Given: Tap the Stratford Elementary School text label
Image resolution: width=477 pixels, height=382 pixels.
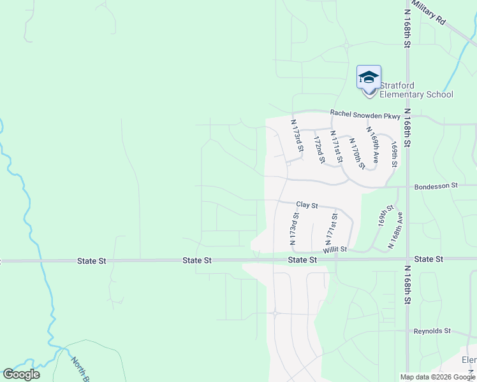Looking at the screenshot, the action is [x=416, y=90].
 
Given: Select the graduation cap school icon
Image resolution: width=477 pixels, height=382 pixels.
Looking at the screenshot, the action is [x=369, y=78].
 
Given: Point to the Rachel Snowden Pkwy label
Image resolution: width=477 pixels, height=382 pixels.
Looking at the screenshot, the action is [x=365, y=115].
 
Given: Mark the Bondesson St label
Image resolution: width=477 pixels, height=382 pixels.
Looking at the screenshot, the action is [x=436, y=186].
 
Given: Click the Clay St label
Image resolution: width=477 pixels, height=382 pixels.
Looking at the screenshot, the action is [x=307, y=205].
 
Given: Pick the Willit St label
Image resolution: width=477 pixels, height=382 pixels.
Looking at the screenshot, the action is [x=334, y=250].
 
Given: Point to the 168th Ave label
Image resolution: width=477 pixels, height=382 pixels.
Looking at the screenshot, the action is [x=395, y=230].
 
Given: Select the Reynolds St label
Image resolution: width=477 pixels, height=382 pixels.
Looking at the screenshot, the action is [x=432, y=331].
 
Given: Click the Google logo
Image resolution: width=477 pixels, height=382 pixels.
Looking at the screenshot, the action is [x=21, y=374].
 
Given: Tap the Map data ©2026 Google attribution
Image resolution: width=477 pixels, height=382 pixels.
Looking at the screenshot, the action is [x=437, y=377].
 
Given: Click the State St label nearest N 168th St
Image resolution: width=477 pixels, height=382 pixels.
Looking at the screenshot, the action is [x=429, y=259].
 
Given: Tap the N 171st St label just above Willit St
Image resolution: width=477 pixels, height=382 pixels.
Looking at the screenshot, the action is [x=330, y=231].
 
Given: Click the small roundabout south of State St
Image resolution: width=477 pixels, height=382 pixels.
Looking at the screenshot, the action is [x=275, y=313].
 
